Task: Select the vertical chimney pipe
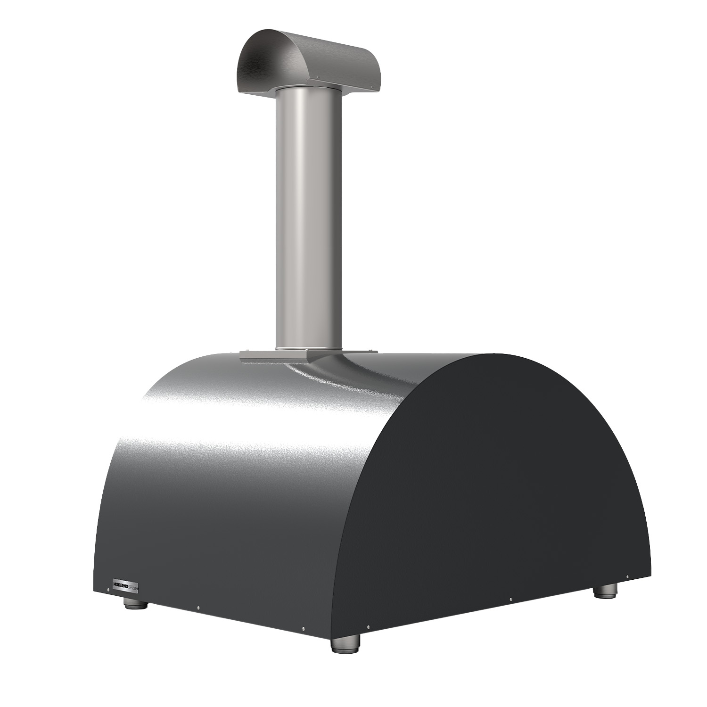tap(309, 217)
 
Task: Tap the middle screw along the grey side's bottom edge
tap(198, 608)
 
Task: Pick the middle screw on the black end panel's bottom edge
tap(511, 600)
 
